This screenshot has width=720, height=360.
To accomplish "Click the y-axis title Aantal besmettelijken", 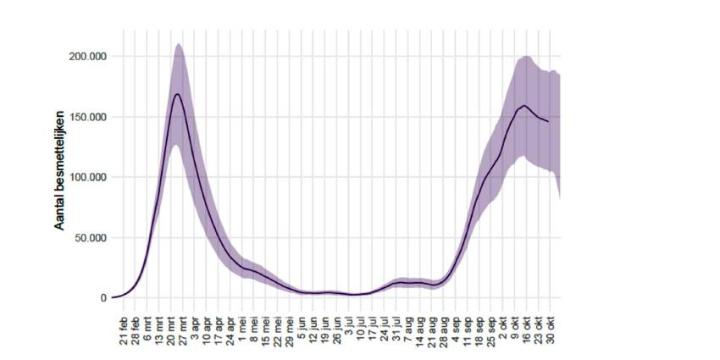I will [x=60, y=169].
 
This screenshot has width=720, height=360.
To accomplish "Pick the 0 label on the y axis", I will [x=103, y=298].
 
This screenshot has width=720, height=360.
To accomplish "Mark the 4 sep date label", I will [x=458, y=327].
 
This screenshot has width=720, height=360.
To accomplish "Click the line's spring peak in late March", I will [x=177, y=93].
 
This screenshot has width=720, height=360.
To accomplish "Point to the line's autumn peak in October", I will [x=524, y=106].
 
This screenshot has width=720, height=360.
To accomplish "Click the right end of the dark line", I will [x=548, y=122].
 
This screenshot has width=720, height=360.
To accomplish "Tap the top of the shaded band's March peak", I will [x=178, y=44].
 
